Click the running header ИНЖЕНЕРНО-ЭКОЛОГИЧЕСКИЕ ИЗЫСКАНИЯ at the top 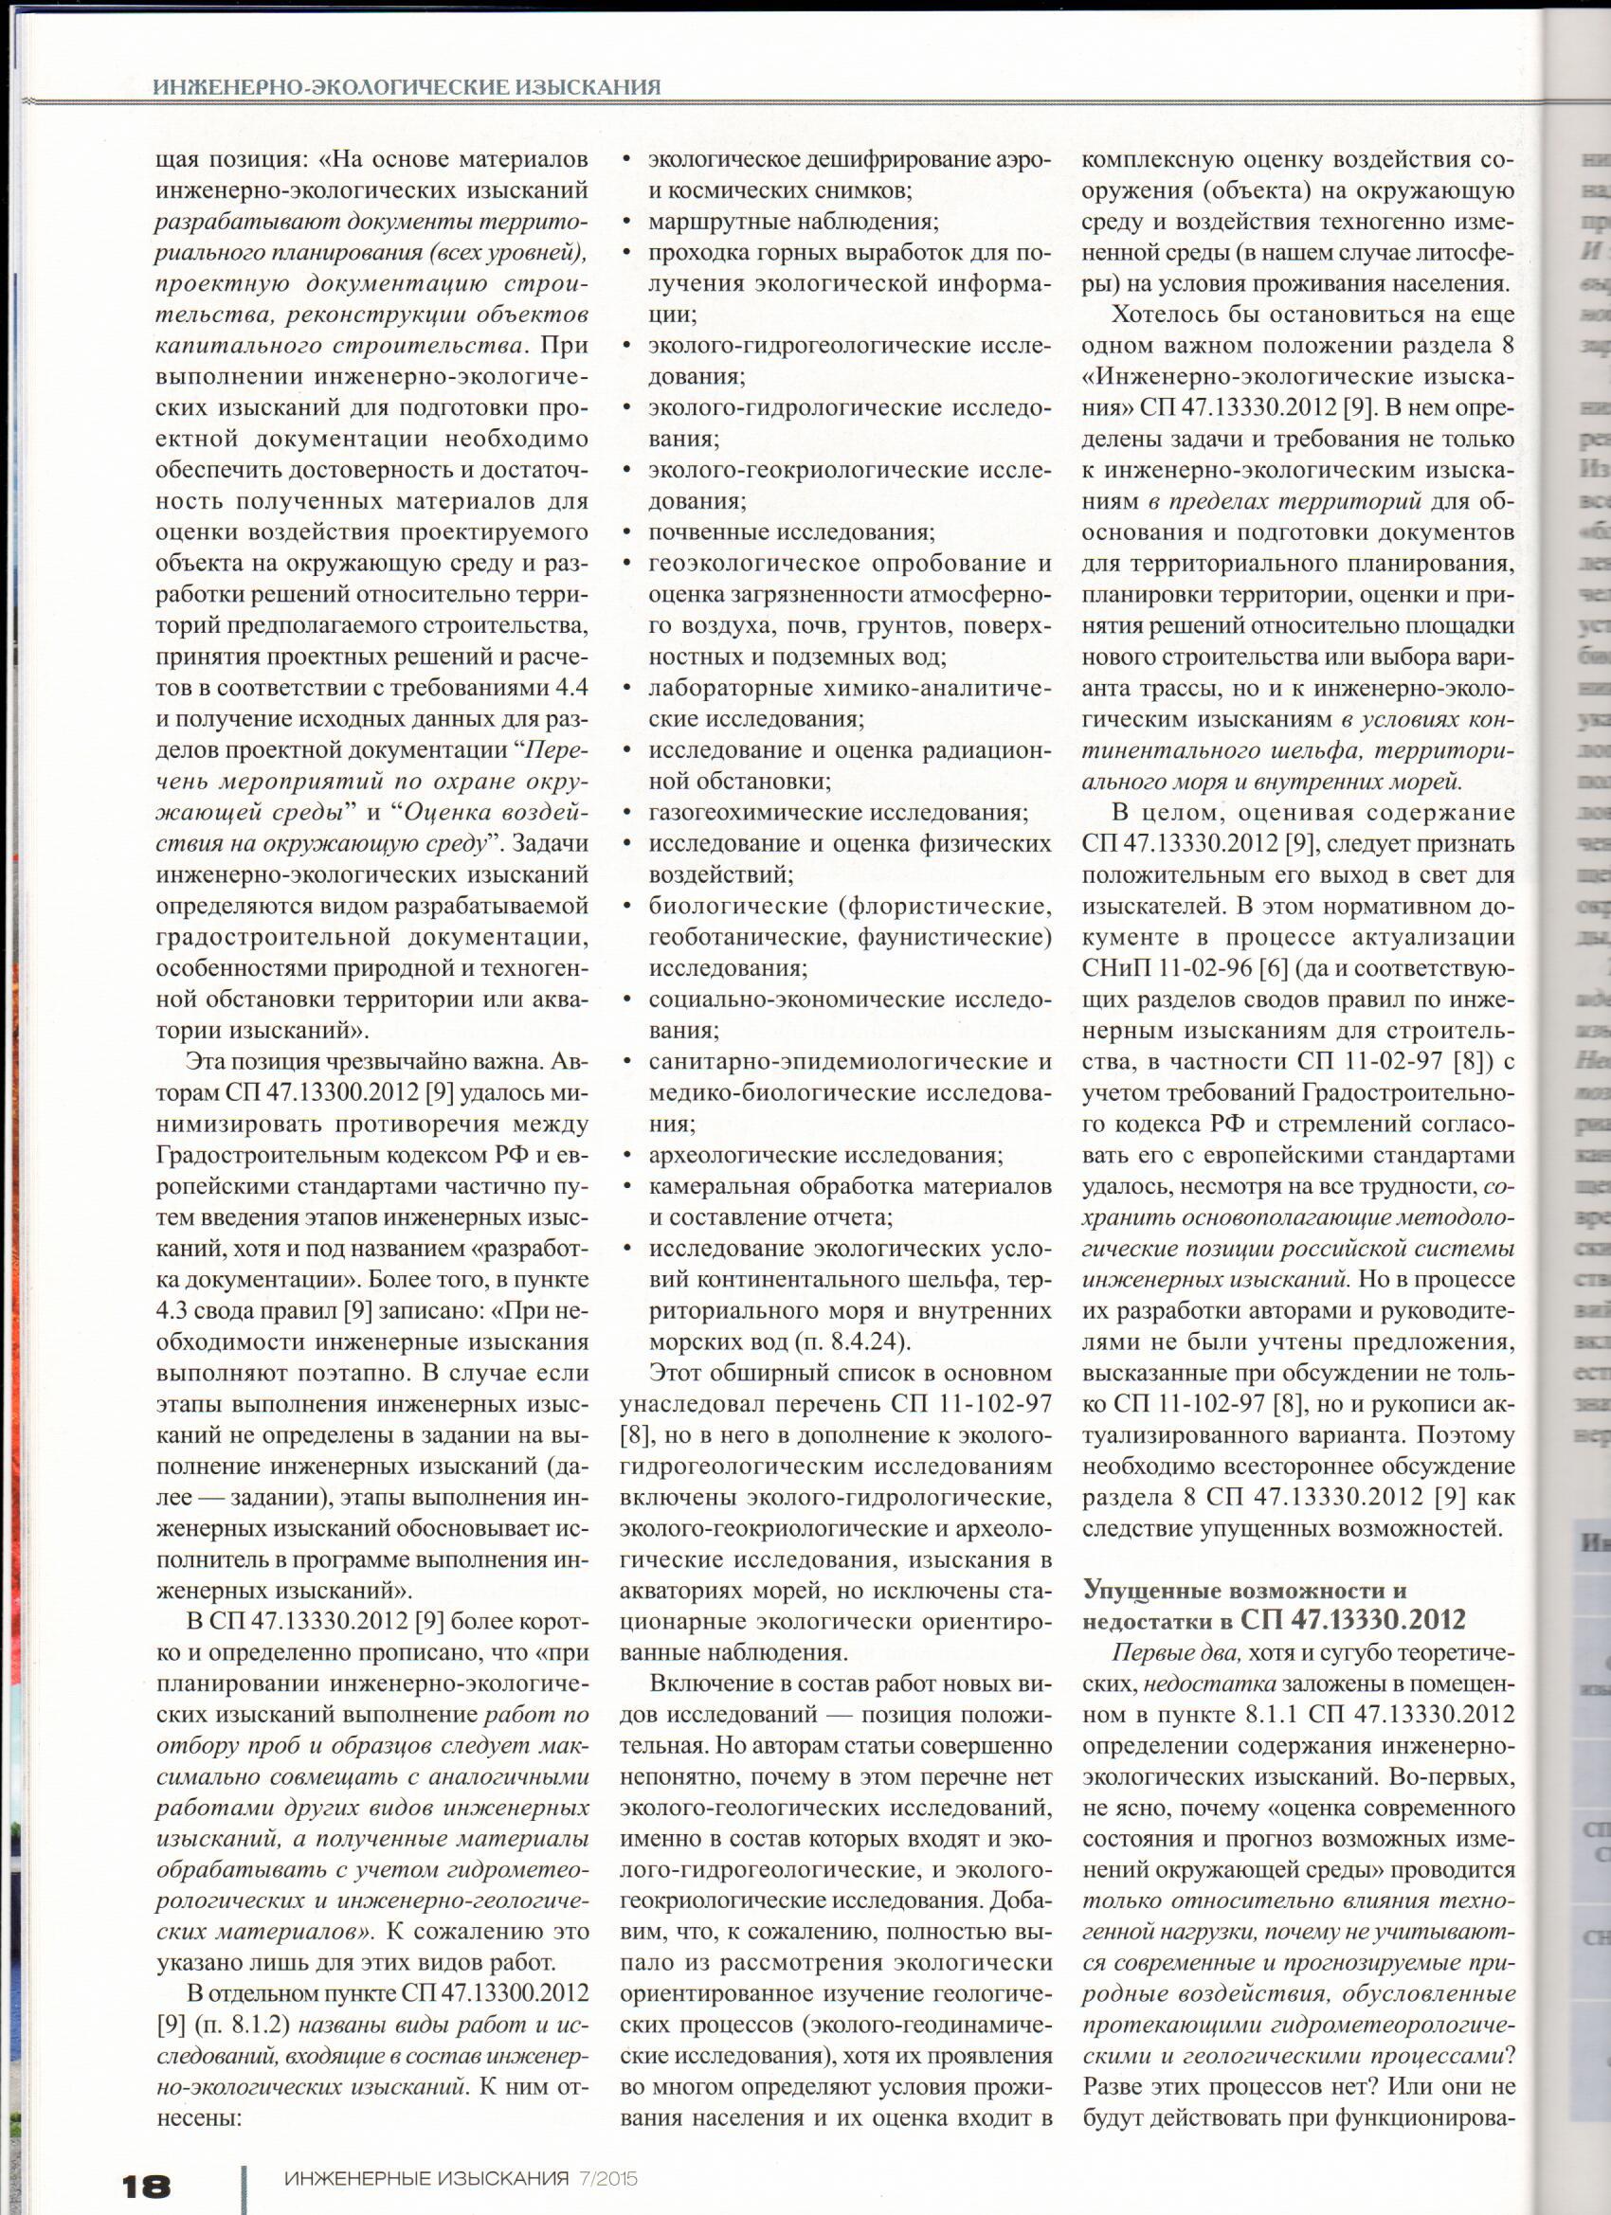coord(407,88)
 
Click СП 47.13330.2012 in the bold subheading coord(1353,1620)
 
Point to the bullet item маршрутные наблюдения coord(792,222)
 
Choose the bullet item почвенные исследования coord(791,532)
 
